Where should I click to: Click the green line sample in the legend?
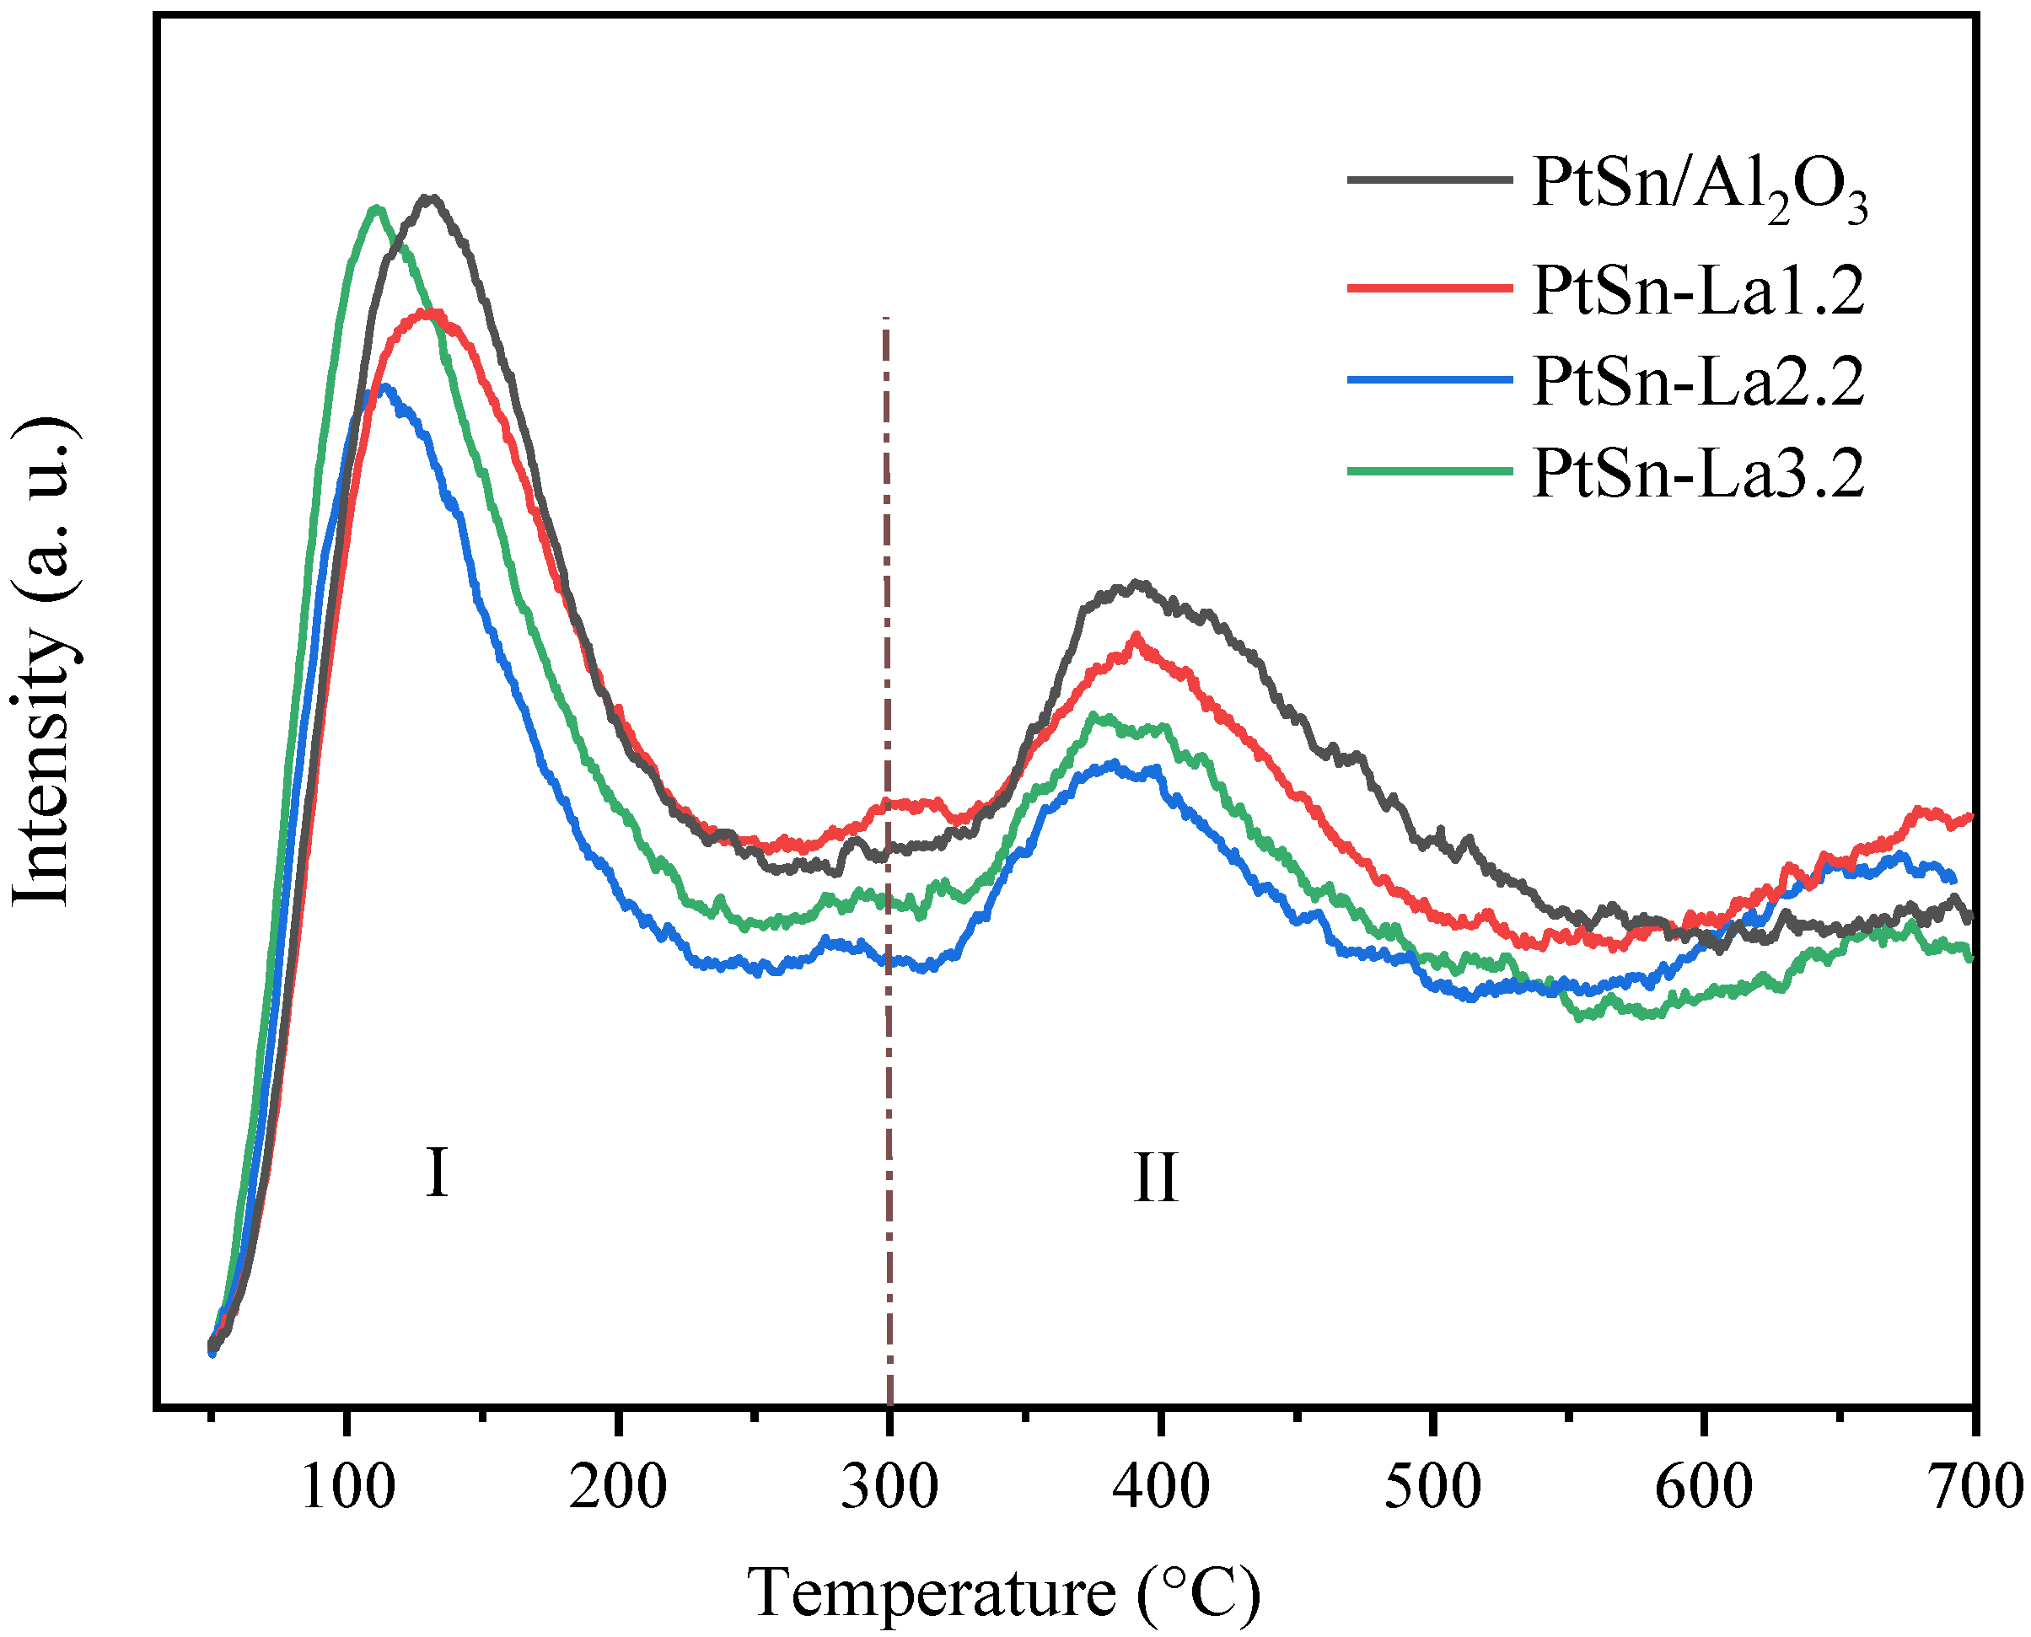point(1429,470)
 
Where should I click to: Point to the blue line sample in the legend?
point(1429,379)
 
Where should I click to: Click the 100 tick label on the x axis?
point(348,1487)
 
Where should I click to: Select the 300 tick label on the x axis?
point(889,1487)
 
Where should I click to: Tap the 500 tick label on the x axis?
point(1432,1487)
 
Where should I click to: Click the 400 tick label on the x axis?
point(1161,1487)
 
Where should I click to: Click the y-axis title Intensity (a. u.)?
point(42,660)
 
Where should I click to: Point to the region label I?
point(436,1173)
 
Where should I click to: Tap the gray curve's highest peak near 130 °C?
point(431,198)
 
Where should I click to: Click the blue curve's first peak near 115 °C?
point(384,387)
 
